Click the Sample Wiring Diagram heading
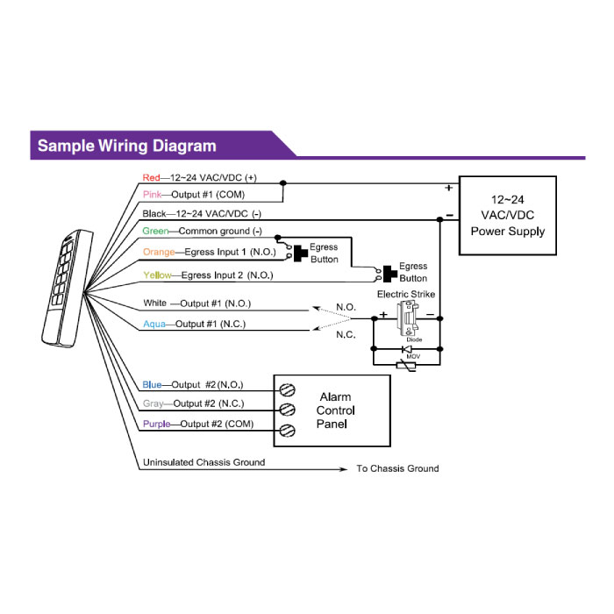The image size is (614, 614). [x=126, y=146]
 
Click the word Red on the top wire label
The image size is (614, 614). [x=151, y=176]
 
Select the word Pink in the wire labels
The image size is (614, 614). [x=152, y=194]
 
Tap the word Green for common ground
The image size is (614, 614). [x=155, y=232]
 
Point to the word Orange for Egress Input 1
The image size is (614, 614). [x=159, y=253]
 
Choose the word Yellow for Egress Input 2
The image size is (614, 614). [x=157, y=275]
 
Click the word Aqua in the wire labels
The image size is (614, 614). [x=153, y=324]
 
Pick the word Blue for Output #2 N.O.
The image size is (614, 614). [x=152, y=384]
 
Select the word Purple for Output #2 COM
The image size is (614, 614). [x=155, y=425]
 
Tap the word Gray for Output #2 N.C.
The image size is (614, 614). [x=153, y=404]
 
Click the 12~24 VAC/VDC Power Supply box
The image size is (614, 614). [x=508, y=216]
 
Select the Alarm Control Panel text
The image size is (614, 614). [x=335, y=411]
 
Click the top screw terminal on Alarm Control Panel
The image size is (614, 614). [x=286, y=389]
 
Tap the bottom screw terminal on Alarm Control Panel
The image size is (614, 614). [x=286, y=429]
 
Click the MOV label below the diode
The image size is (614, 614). [x=407, y=357]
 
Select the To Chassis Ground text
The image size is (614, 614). [x=397, y=468]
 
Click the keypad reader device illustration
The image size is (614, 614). [x=64, y=289]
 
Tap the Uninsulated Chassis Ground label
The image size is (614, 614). [x=203, y=462]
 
